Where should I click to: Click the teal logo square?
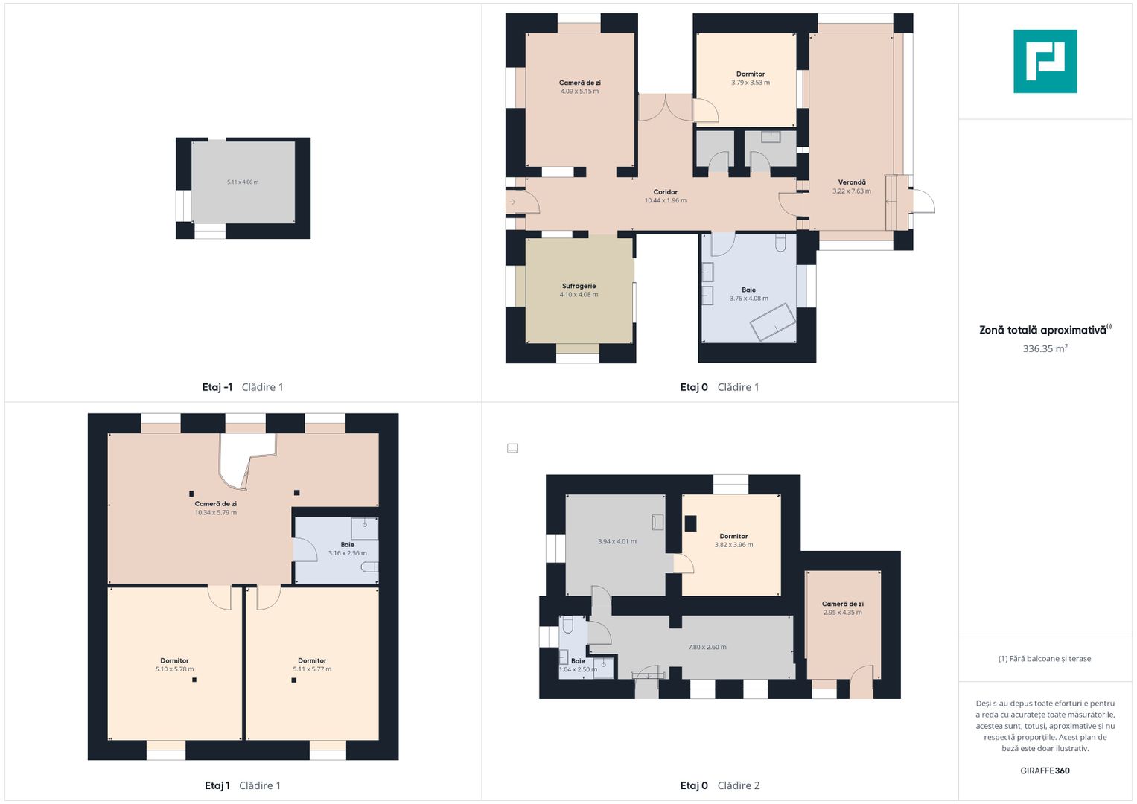tap(1045, 61)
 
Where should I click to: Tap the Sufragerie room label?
tap(579, 286)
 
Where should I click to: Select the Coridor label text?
tap(665, 192)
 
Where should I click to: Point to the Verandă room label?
tap(852, 182)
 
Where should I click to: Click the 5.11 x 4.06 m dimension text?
tap(243, 182)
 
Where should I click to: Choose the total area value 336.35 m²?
tap(1045, 348)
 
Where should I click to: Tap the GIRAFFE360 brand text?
tap(1045, 770)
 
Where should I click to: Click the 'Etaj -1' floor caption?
tap(217, 387)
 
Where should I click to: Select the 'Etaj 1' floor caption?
tap(217, 785)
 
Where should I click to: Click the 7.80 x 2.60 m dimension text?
tap(707, 647)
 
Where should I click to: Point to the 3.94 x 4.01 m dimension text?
tap(617, 542)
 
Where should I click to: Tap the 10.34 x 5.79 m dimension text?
tap(216, 513)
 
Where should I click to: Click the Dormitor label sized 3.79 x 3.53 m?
tap(751, 74)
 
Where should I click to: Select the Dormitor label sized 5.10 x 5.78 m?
tap(175, 660)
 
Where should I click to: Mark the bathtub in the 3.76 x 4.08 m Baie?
tap(773, 322)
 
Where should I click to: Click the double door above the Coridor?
tap(665, 108)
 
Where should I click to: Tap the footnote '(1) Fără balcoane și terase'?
tap(1045, 659)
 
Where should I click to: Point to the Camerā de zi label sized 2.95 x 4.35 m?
tap(843, 604)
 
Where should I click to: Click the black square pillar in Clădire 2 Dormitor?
tap(690, 523)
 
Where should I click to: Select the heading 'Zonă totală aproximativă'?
tap(1042, 330)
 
